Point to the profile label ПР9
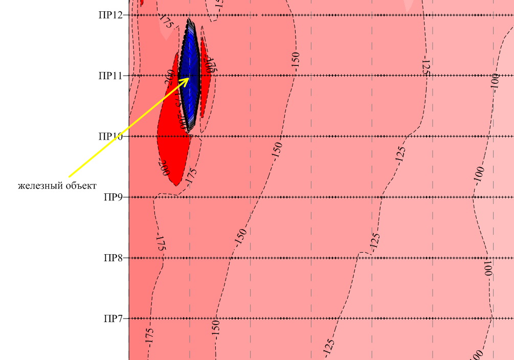(113, 197)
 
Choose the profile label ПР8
(113, 258)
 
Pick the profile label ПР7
(113, 319)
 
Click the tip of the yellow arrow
(190, 78)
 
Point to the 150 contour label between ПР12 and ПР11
(295, 60)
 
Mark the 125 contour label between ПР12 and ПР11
(426, 67)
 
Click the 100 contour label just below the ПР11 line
(495, 82)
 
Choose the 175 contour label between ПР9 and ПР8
(161, 242)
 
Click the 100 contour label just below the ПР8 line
(488, 267)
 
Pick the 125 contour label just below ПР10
(400, 153)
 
